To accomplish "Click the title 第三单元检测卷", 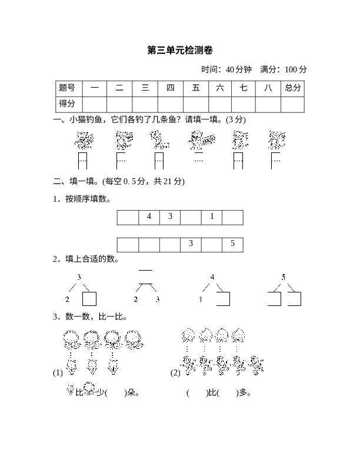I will click(179, 51).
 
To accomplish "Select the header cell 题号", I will click(68, 88).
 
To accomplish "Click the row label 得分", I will click(68, 104).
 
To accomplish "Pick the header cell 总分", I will click(292, 88).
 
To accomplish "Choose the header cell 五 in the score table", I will click(195, 88).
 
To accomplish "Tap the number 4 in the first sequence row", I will click(149, 217).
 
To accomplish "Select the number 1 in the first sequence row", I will click(212, 217).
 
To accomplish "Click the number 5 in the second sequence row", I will click(232, 244).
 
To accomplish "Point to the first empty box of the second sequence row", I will click(128, 244).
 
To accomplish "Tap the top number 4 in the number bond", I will click(212, 277).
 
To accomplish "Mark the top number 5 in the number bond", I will click(284, 277).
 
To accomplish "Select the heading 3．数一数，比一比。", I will click(89, 317).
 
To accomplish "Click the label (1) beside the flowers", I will click(58, 372).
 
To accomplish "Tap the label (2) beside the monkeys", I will click(175, 372).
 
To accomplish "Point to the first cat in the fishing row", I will click(84, 140).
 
